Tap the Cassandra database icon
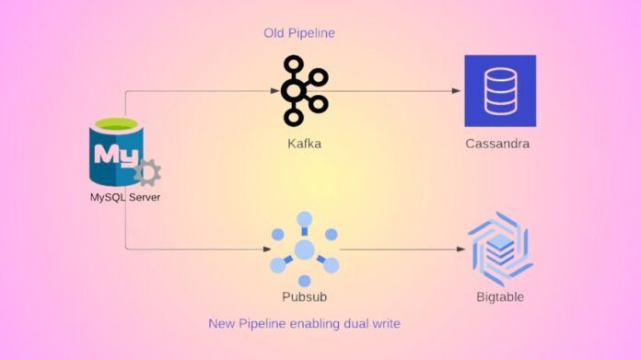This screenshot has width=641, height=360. click(500, 90)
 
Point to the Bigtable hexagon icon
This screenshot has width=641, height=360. click(500, 248)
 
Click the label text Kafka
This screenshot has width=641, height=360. click(304, 145)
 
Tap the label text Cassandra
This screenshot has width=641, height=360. click(498, 145)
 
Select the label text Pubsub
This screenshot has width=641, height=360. click(304, 297)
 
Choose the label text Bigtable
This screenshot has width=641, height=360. click(500, 297)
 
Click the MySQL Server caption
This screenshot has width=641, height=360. click(125, 196)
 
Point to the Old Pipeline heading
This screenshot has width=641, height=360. click(298, 33)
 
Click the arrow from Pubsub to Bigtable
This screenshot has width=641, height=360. click(401, 249)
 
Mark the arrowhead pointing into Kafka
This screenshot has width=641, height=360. click(274, 90)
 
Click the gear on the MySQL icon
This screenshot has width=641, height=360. click(147, 172)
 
